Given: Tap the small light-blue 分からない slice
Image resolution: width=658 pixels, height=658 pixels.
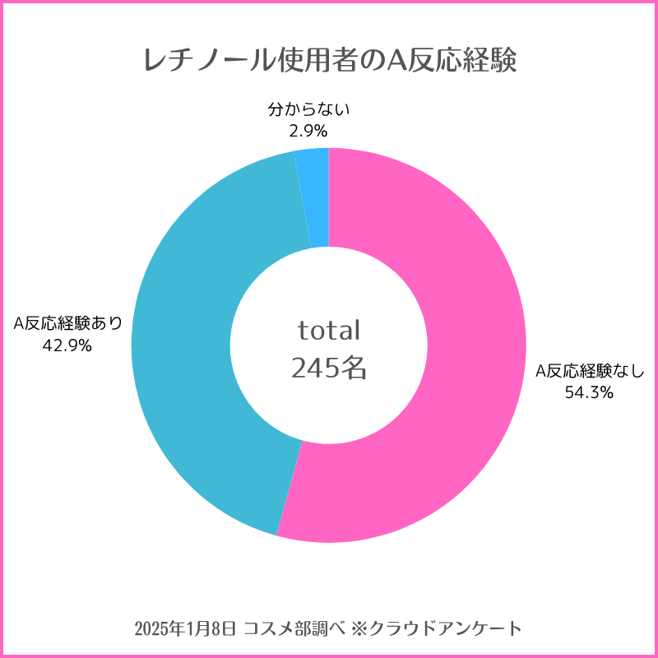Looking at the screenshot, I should point(313,197).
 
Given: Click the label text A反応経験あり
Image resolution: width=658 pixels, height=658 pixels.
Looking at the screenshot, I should point(67,323).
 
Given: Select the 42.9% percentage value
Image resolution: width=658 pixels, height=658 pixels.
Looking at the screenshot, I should point(67,345).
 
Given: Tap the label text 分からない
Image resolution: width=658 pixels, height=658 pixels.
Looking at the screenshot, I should point(308,109).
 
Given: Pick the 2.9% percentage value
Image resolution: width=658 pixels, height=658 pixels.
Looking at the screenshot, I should point(308,131).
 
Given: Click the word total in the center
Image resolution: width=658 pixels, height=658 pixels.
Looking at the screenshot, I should point(329,331).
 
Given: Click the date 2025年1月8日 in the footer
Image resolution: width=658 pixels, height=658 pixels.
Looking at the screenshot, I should point(187,629).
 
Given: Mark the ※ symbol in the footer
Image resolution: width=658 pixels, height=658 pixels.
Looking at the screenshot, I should point(358,629).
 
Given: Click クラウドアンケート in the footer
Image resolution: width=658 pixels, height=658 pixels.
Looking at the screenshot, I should point(444,629).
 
